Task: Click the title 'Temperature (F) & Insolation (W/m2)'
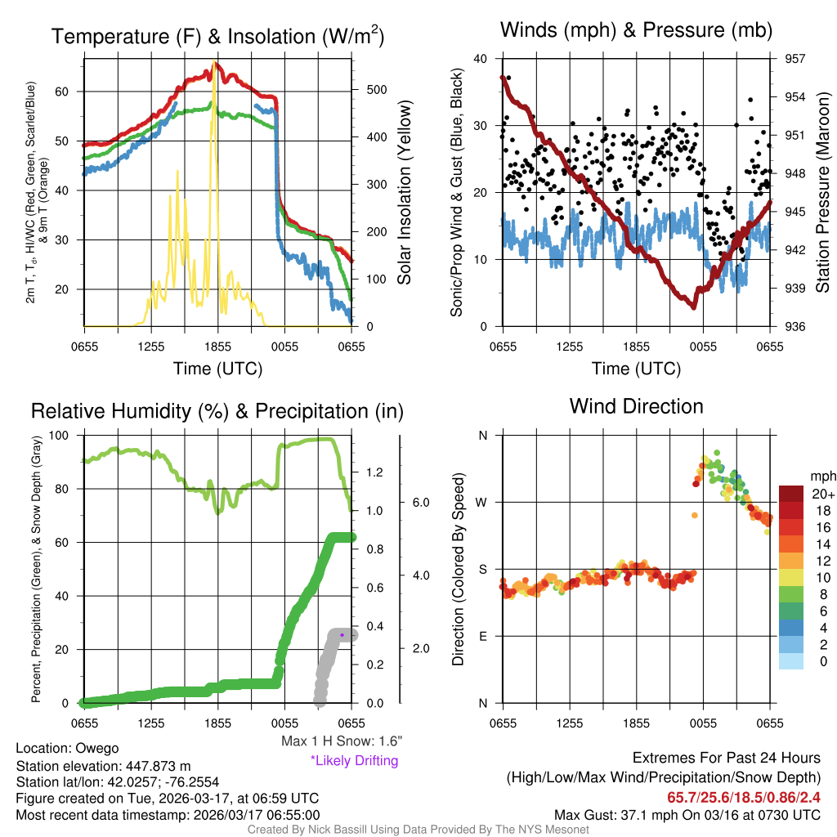point(218,36)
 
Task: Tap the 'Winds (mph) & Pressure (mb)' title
point(637,31)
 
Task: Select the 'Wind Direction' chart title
point(636,406)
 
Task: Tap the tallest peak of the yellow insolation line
point(214,63)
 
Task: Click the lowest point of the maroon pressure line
point(693,307)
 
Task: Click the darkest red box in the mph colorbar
point(791,493)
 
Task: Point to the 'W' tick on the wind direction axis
point(482,502)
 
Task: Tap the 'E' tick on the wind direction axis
point(483,636)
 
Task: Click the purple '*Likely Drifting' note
point(354,761)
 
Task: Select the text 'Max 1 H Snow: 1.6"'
point(341,741)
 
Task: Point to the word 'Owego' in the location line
point(97,748)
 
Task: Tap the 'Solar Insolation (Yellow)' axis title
point(404,193)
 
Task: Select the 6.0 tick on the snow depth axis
point(421,502)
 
